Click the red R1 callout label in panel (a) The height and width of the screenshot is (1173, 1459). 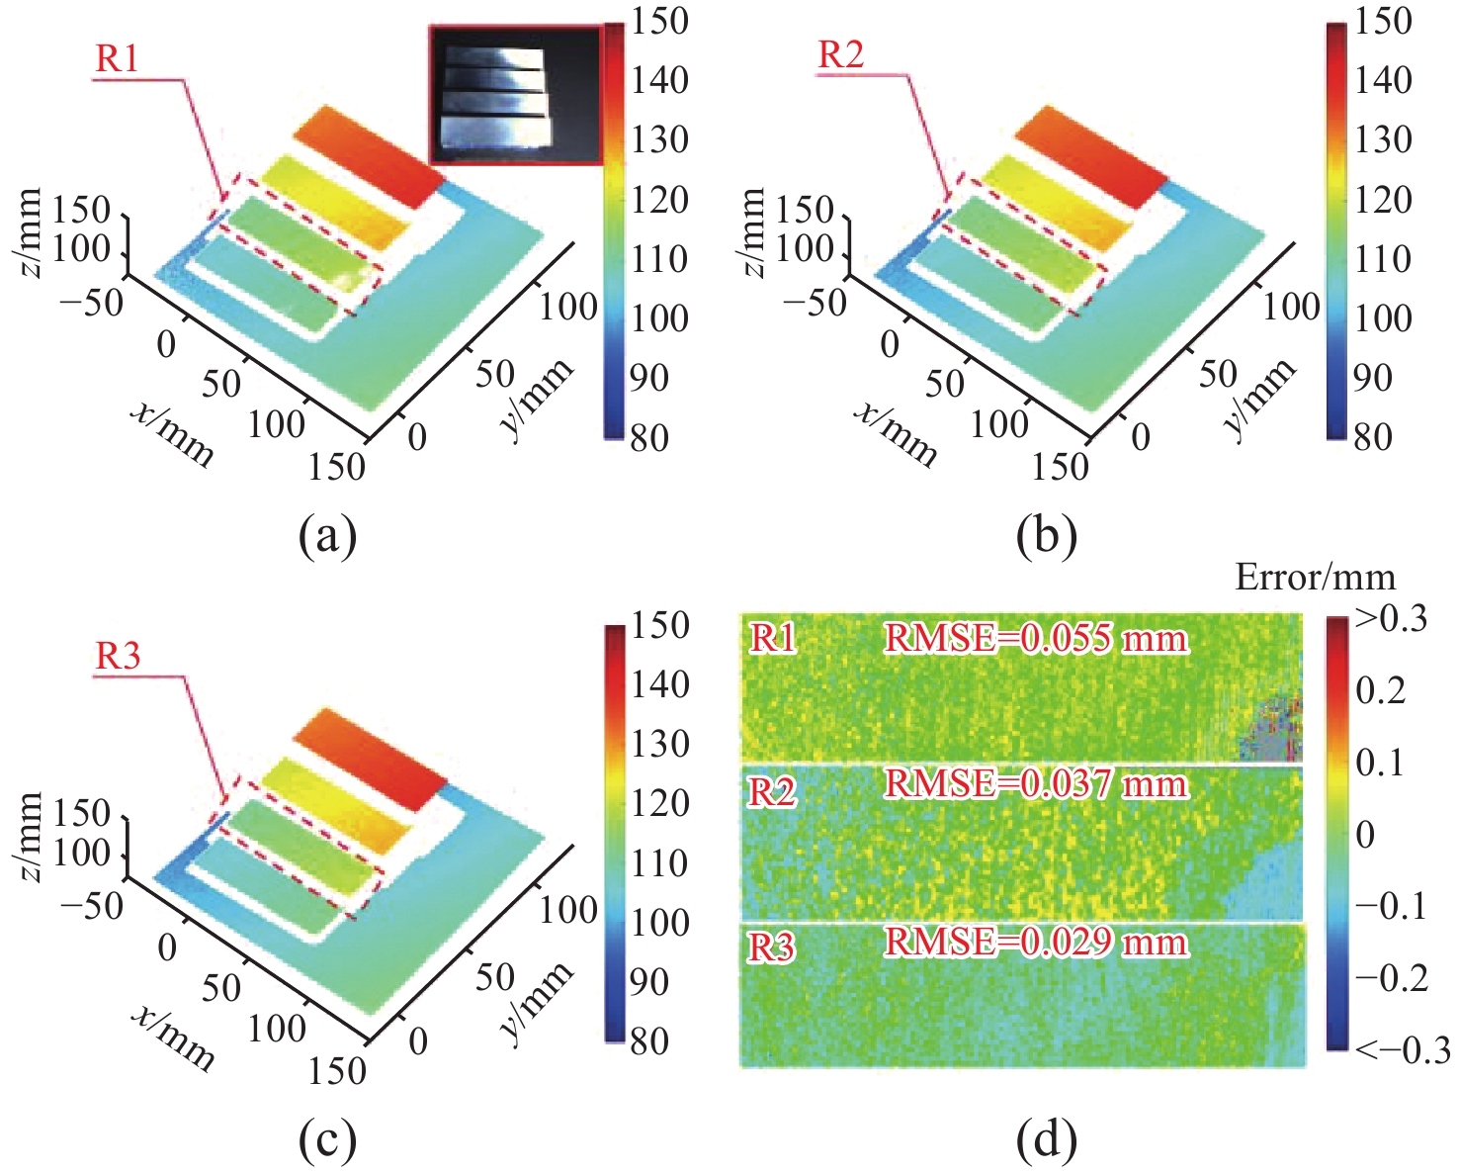(117, 59)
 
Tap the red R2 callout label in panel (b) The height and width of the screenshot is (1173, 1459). (841, 55)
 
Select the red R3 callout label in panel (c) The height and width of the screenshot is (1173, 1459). (118, 656)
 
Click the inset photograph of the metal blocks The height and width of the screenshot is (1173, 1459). (515, 95)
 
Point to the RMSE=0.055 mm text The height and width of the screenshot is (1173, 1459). (1035, 639)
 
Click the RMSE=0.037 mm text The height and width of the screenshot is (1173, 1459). (1035, 784)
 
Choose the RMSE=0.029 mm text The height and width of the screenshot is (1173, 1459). (1035, 942)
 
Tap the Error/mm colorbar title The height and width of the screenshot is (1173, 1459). (1315, 577)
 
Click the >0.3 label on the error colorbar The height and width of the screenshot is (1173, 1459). (1391, 619)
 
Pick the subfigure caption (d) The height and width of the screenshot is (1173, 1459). (1046, 1140)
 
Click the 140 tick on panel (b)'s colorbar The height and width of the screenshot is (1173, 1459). (1383, 80)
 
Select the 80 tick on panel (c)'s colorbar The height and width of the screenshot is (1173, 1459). (649, 1040)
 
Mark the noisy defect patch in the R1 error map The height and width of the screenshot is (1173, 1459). (1269, 728)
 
